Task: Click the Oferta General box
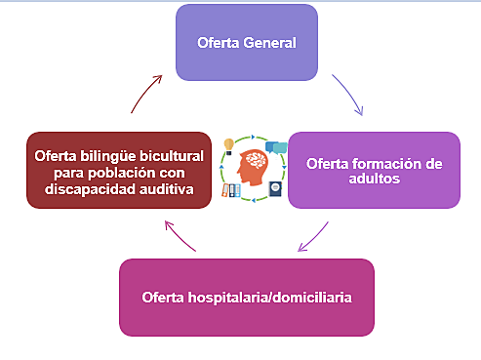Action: (x=246, y=43)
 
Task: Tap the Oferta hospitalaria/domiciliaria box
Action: (x=246, y=297)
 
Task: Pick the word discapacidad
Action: (x=97, y=187)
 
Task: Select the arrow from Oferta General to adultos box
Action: (x=347, y=96)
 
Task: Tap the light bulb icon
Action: (x=228, y=146)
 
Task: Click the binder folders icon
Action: (x=230, y=190)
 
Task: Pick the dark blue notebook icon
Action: (x=275, y=188)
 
